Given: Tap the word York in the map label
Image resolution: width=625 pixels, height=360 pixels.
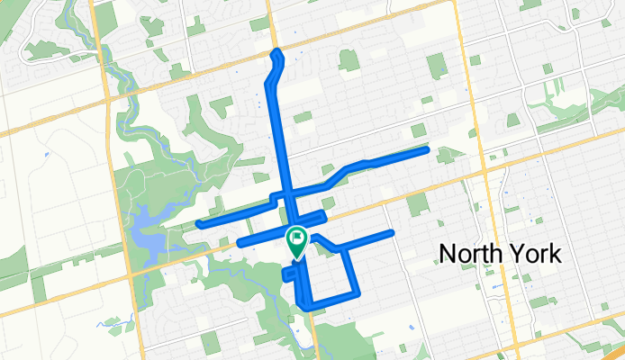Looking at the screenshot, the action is pyautogui.click(x=539, y=254).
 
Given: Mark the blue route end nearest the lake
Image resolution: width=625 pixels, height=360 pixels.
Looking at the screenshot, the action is pyautogui.click(x=199, y=223).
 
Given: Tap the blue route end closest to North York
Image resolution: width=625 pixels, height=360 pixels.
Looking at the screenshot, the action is pyautogui.click(x=392, y=233).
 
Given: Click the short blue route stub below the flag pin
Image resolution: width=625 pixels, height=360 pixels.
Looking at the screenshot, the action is pyautogui.click(x=288, y=274).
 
